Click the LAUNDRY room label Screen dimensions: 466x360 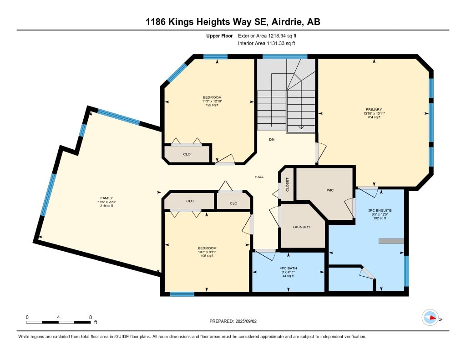[x=301, y=227]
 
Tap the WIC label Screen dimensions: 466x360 [x=330, y=190]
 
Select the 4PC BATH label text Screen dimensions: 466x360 [x=288, y=268]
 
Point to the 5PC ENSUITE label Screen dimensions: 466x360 [x=380, y=210]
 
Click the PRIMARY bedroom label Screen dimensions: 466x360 [x=374, y=109]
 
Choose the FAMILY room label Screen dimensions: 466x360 [x=106, y=198]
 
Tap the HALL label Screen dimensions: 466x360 [x=259, y=177]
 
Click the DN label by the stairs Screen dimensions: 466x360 [x=272, y=139]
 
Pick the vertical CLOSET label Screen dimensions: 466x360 [x=288, y=184]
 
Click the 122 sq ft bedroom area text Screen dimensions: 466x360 [x=212, y=105]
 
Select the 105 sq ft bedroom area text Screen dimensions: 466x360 [x=207, y=256]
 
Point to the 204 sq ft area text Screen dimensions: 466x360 [x=374, y=117]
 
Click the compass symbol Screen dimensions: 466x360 [x=431, y=318]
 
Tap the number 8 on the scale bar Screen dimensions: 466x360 [x=91, y=317]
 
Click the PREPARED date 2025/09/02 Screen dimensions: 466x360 [x=246, y=321]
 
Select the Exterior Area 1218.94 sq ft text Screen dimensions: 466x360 [x=267, y=35]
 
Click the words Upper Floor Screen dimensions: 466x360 [x=219, y=35]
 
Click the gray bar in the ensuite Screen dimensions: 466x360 [x=391, y=241]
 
